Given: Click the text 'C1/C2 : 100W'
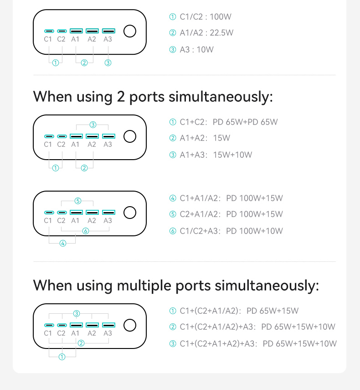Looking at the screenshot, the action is click(x=206, y=17).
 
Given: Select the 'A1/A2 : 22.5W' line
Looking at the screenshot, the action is click(x=206, y=33).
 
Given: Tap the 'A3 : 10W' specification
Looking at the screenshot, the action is click(x=196, y=50).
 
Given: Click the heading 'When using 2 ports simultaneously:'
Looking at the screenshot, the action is click(x=153, y=97).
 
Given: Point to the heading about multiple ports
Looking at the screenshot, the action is click(x=176, y=285).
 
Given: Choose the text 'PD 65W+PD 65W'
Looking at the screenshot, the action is click(x=245, y=122).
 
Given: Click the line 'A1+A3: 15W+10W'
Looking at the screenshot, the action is click(x=216, y=155).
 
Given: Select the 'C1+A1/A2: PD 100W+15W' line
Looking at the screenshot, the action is click(x=231, y=198).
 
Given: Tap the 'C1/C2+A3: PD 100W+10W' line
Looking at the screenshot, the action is click(x=231, y=231).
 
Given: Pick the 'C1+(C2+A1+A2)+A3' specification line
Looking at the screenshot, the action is click(x=258, y=344).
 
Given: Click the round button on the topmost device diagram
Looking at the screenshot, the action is click(x=130, y=31).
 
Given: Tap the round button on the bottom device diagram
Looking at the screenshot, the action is click(x=130, y=325).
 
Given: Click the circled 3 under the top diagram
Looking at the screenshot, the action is click(x=108, y=62).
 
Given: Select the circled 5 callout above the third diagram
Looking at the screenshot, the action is click(x=78, y=201).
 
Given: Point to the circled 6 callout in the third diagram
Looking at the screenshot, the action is click(x=86, y=231).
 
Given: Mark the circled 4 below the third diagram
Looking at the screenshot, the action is click(x=63, y=243).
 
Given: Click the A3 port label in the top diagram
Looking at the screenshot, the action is click(x=108, y=39).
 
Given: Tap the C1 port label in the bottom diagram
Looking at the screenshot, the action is click(x=48, y=333).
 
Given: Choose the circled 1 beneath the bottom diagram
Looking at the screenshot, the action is click(x=62, y=357).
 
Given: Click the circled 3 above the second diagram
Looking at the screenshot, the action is click(x=93, y=125).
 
